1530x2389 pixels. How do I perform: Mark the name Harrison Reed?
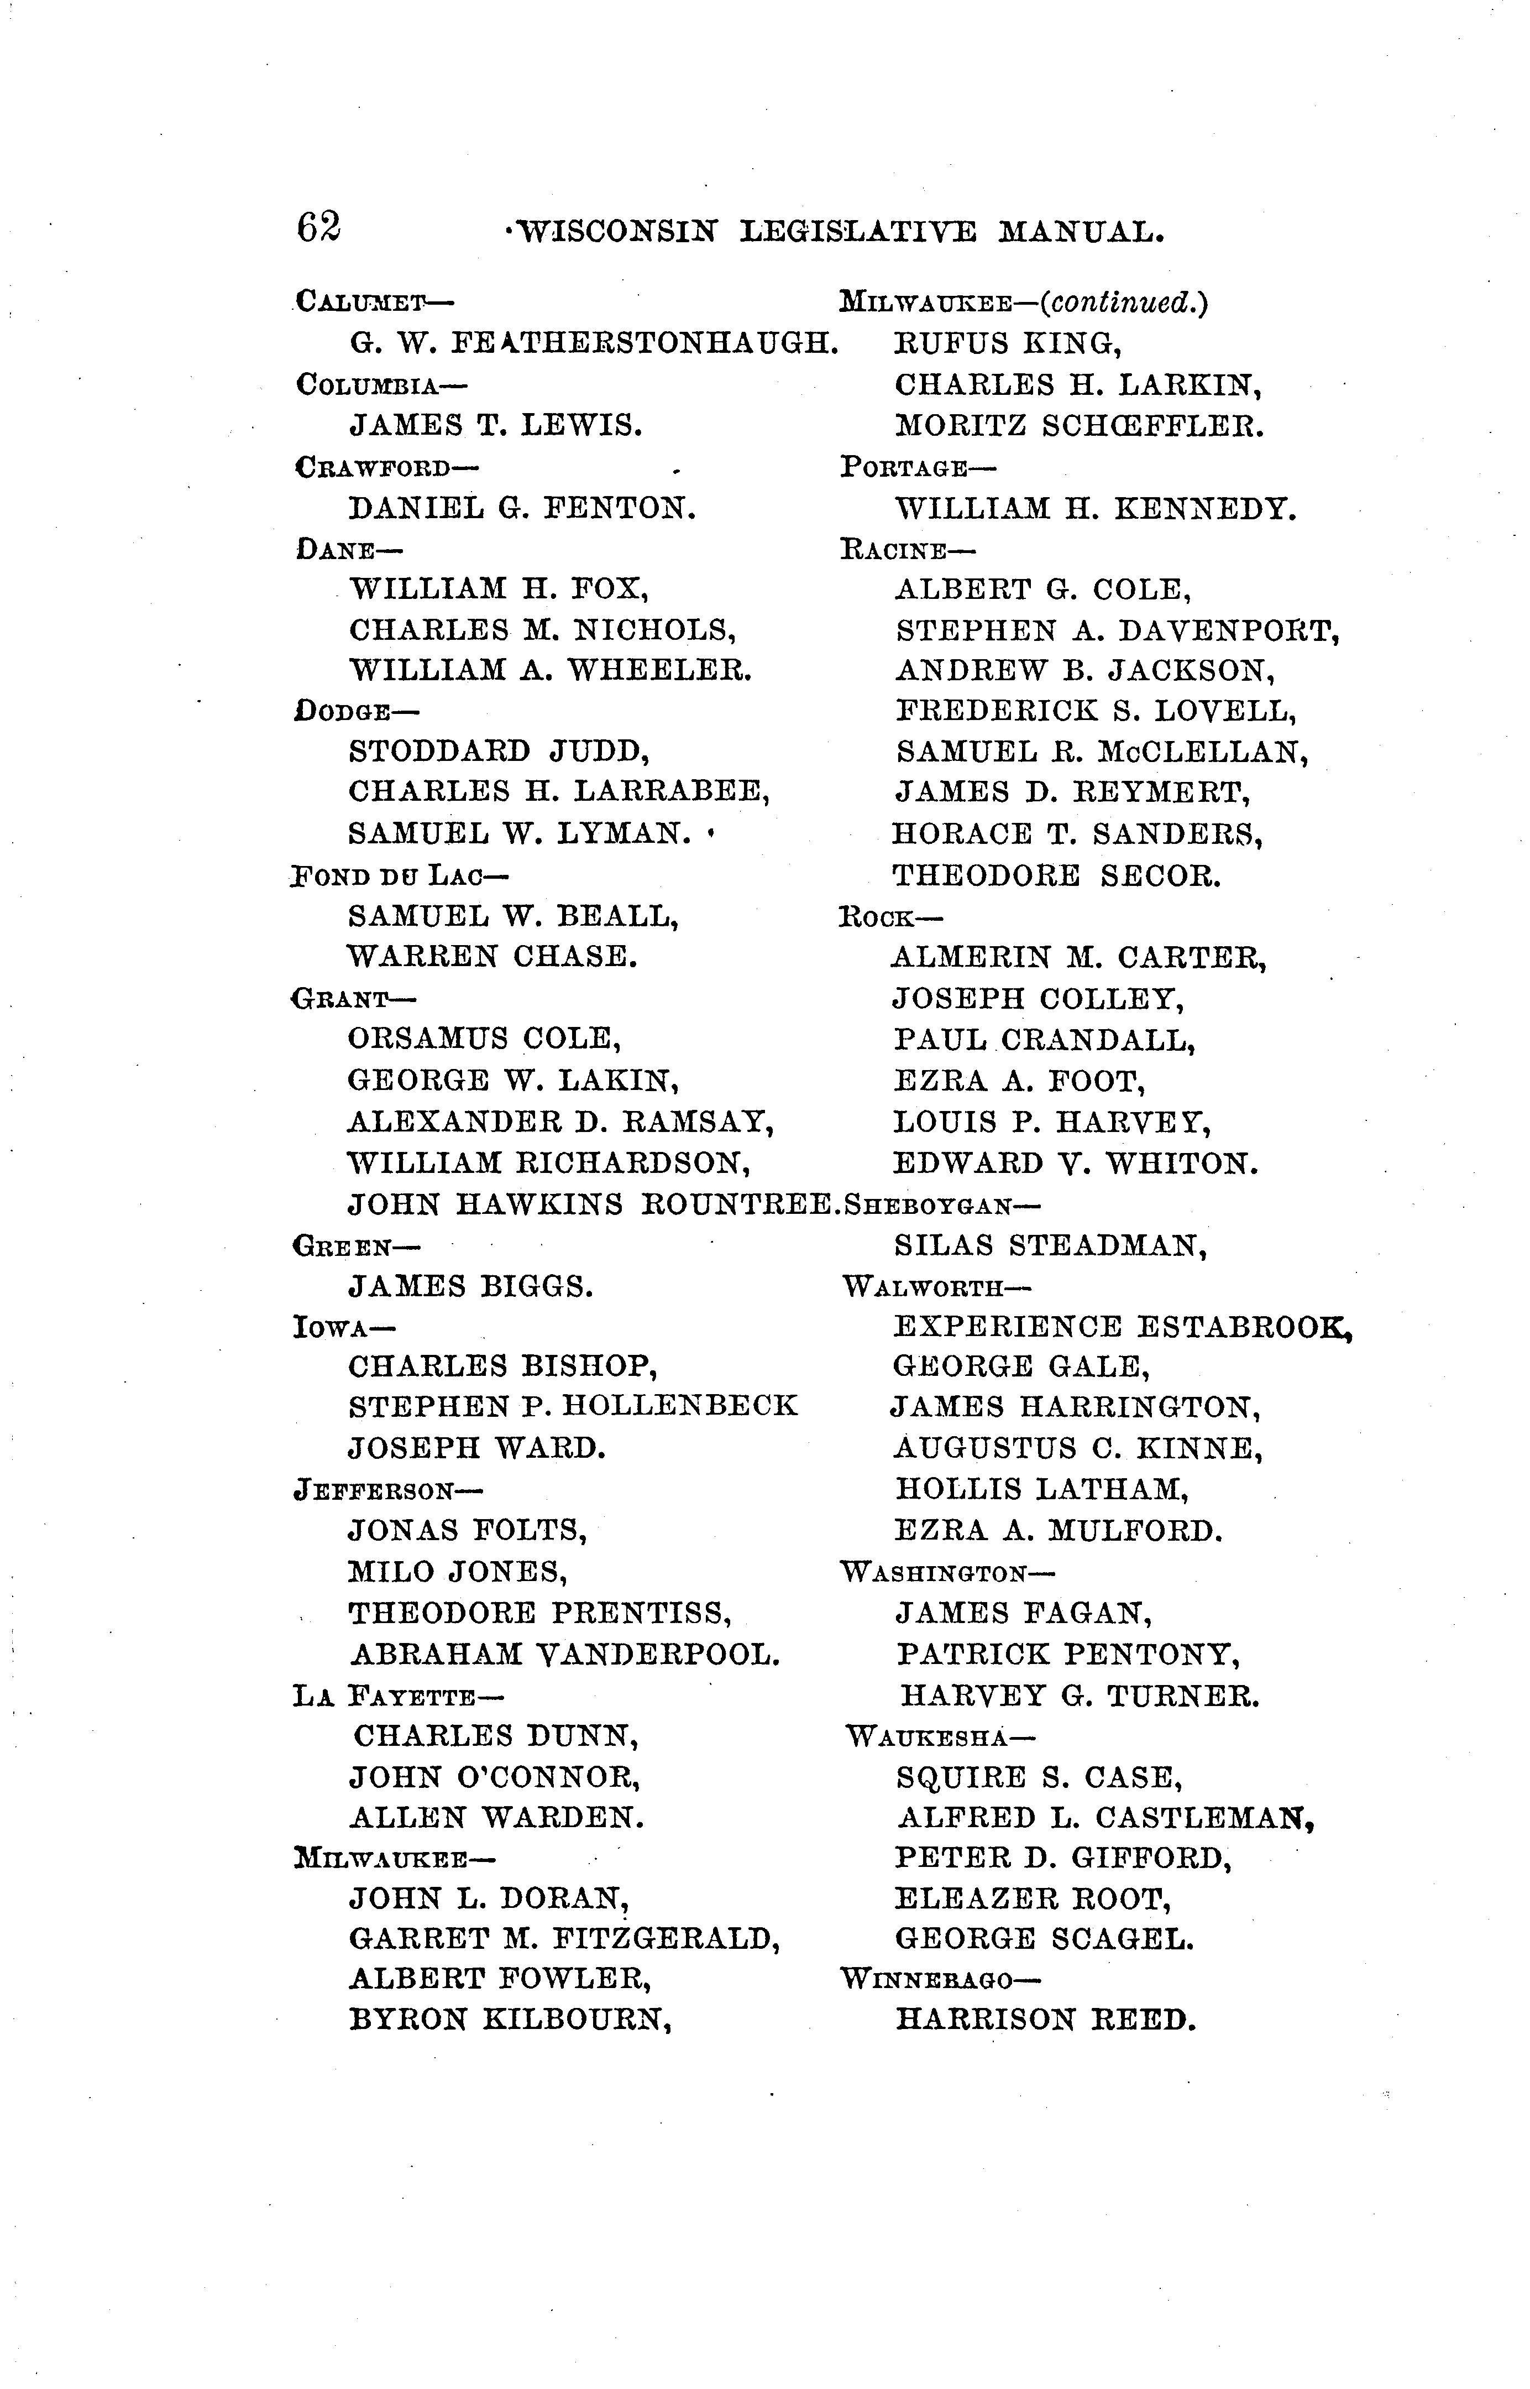click(1045, 2020)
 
